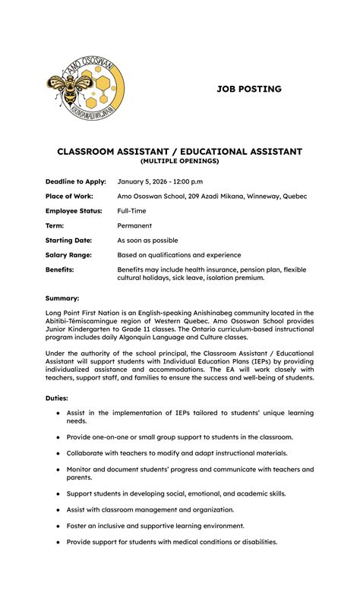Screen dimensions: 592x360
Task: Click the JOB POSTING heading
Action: pos(248,89)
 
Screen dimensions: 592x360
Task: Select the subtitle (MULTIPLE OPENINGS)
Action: pos(179,161)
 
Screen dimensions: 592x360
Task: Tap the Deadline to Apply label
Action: pos(75,181)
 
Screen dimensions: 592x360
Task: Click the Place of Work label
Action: pos(69,196)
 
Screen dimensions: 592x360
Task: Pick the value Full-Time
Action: pos(133,211)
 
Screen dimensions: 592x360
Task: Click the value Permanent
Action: pos(134,225)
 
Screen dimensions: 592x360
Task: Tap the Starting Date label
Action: pos(68,240)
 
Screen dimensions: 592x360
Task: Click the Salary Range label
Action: pos(70,255)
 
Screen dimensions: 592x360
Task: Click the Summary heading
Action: pos(62,298)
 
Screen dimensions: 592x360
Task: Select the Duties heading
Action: pos(57,397)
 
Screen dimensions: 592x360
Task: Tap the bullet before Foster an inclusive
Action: pos(58,525)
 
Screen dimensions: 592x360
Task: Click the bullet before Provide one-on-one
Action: pos(58,437)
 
